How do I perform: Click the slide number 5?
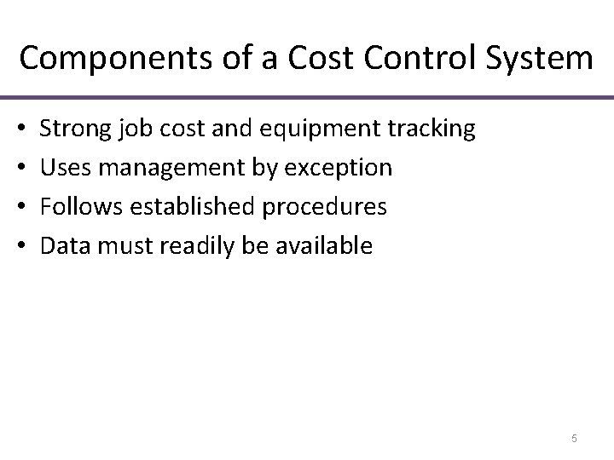tap(574, 439)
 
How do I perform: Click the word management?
tap(160, 168)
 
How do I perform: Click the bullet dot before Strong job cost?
tap(20, 129)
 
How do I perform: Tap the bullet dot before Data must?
tap(20, 247)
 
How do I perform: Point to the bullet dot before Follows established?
tap(20, 208)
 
